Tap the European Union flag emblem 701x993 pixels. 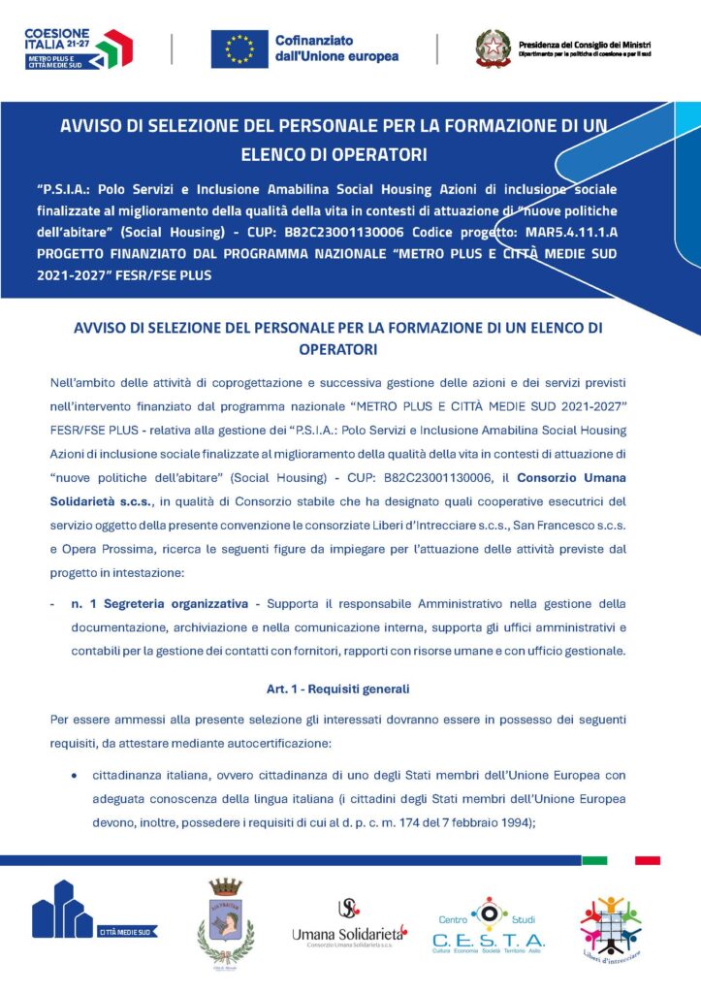[x=239, y=48]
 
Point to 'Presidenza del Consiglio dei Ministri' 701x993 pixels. [x=585, y=45]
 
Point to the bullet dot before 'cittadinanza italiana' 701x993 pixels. [x=74, y=776]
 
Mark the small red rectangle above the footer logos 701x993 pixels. [x=647, y=860]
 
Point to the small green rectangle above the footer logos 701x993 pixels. [x=594, y=860]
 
